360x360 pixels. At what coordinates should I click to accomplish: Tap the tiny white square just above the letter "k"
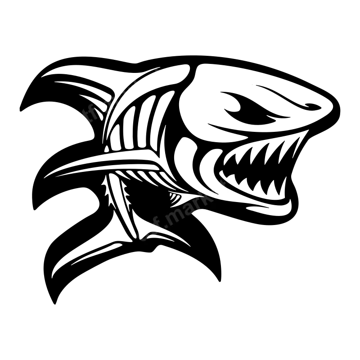[x=199, y=189]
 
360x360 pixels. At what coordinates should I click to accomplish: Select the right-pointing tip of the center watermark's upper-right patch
[x=232, y=192]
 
